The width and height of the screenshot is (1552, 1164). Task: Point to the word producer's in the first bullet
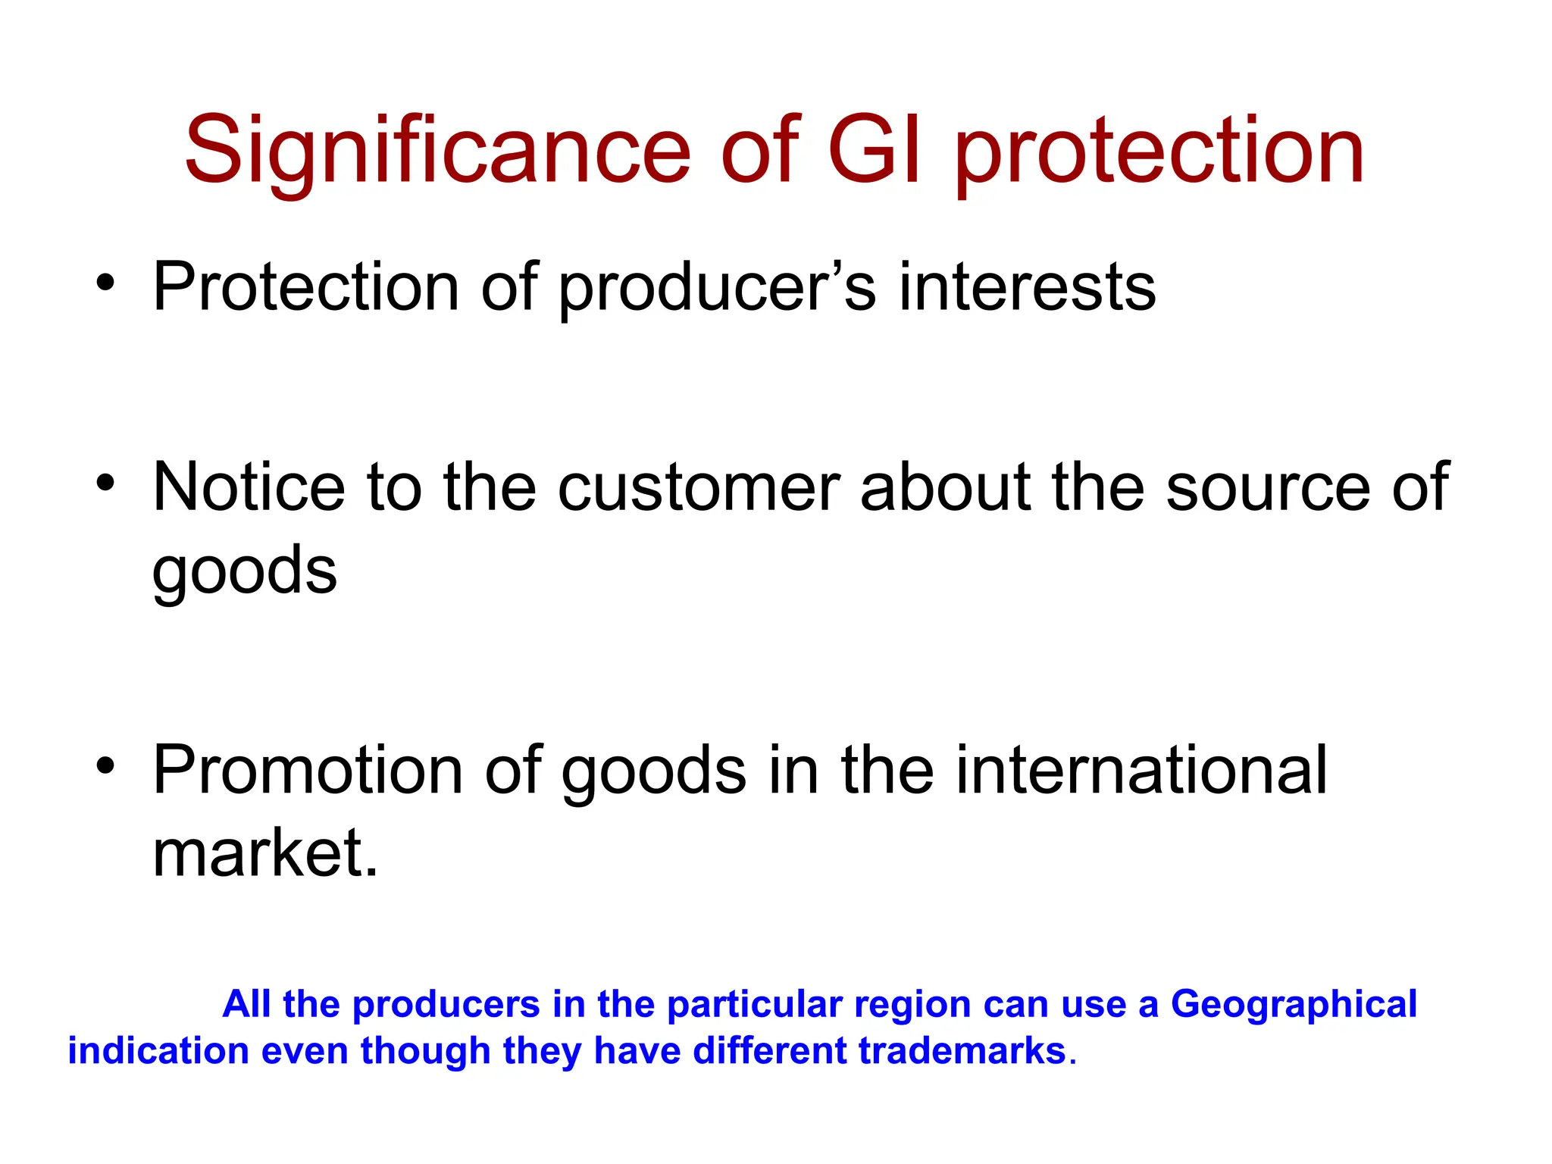(x=717, y=288)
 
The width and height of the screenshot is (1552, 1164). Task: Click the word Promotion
(x=308, y=771)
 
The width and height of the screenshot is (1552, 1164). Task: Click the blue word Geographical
(x=1294, y=1005)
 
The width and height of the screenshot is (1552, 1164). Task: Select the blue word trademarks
(x=962, y=1051)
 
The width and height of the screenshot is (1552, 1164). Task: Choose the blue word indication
(x=158, y=1051)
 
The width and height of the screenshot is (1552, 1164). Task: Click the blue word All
(x=247, y=1004)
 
